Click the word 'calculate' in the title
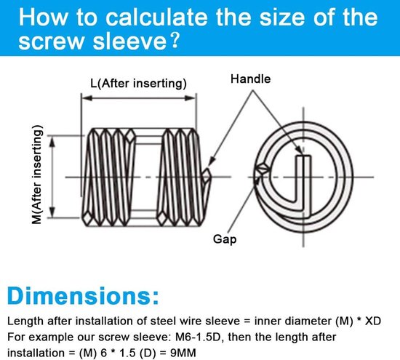tap(156, 17)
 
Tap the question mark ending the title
tap(175, 41)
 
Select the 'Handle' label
tap(250, 79)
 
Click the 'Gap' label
tap(225, 239)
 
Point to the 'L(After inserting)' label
tap(138, 84)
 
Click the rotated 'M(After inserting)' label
tap(37, 175)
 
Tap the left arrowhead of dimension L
tap(87, 98)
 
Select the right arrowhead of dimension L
tap(190, 98)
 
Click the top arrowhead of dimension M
tap(52, 142)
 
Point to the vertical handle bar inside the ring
tap(303, 183)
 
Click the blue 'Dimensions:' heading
tap(83, 296)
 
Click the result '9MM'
tap(183, 353)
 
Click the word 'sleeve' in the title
tap(129, 41)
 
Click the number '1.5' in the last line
tap(127, 353)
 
